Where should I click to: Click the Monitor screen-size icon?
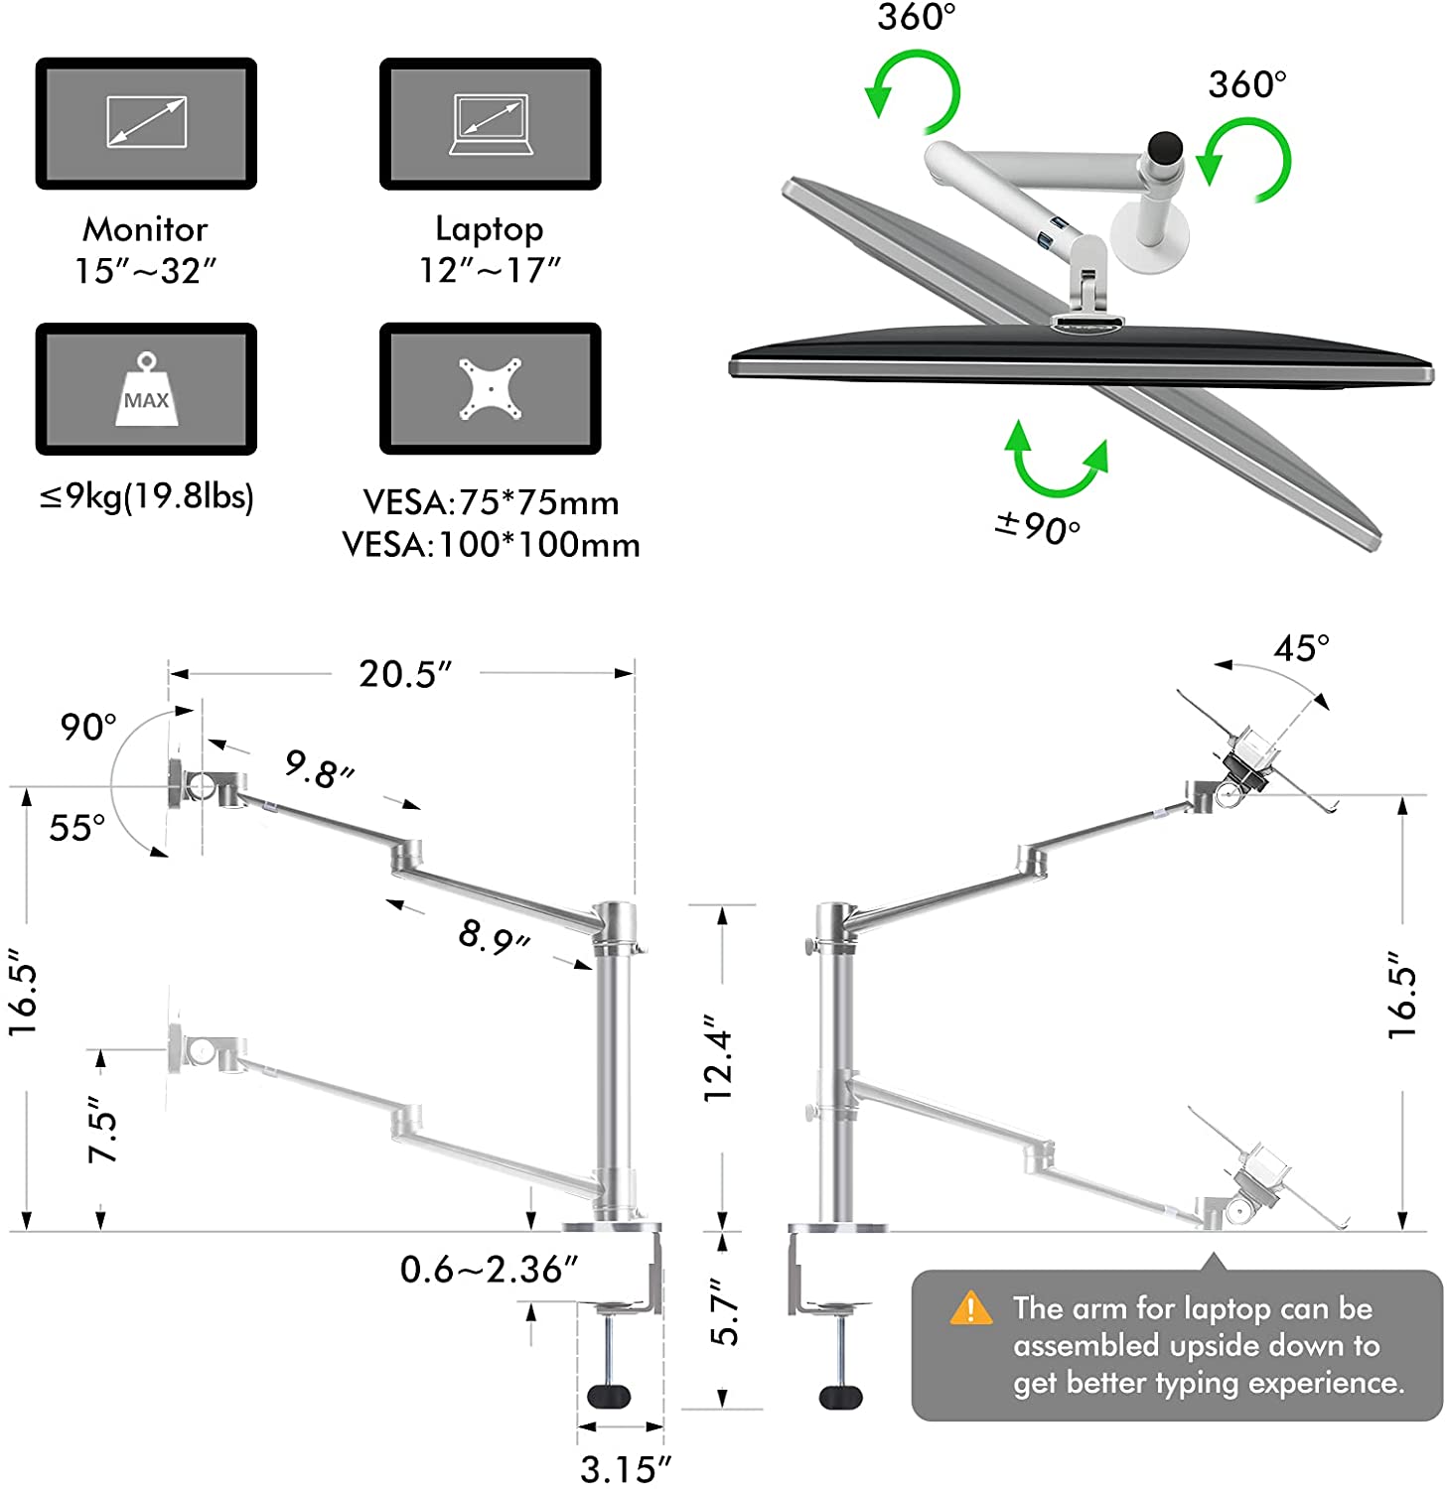click(x=146, y=123)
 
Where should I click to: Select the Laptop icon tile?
click(x=490, y=123)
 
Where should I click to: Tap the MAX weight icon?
click(x=146, y=389)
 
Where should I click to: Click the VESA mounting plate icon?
click(x=490, y=388)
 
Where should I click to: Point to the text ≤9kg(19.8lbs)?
click(x=146, y=495)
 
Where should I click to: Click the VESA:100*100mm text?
click(x=491, y=545)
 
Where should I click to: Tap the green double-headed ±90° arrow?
click(x=1056, y=461)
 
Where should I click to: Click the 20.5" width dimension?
click(x=404, y=674)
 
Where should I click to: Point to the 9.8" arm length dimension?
click(x=319, y=769)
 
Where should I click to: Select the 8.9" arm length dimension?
click(x=494, y=936)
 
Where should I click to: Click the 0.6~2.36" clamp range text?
click(x=489, y=1270)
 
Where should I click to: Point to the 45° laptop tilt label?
click(x=1300, y=648)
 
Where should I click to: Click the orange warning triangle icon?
click(x=970, y=1309)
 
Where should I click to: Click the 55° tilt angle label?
click(x=76, y=827)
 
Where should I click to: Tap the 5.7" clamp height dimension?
click(x=725, y=1312)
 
